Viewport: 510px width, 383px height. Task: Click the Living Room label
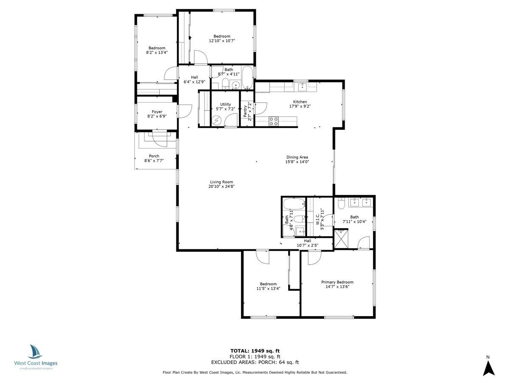click(221, 182)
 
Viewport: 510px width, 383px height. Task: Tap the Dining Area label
click(297, 157)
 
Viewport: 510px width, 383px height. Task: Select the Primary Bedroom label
click(337, 282)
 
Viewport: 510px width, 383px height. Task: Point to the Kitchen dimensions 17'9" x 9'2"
click(300, 106)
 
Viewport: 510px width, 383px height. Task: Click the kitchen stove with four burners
click(273, 121)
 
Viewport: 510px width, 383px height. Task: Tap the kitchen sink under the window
click(302, 87)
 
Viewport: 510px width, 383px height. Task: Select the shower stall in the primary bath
click(341, 238)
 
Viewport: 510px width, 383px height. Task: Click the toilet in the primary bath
click(341, 204)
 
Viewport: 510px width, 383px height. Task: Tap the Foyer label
click(157, 111)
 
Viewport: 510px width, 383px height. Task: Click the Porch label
click(154, 156)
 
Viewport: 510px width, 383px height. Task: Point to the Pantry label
click(245, 111)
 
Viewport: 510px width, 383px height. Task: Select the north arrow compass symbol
click(489, 367)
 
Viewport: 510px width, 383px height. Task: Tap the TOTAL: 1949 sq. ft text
click(255, 351)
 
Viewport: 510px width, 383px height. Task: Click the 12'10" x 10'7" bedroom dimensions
click(222, 41)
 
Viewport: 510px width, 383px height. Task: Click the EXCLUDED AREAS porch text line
click(255, 362)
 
